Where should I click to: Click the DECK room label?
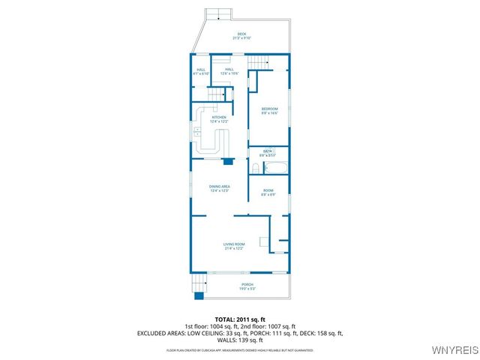[241, 34]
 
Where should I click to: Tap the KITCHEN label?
[219, 117]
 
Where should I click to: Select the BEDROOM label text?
[269, 109]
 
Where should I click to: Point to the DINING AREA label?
[219, 186]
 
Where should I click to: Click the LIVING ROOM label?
[234, 244]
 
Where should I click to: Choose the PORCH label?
[247, 285]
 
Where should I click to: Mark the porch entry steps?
[198, 283]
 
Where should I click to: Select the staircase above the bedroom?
[258, 61]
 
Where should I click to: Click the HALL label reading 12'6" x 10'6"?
[229, 70]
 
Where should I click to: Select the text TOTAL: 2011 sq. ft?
[240, 319]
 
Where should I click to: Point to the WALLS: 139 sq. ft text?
[240, 340]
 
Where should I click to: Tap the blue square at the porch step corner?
[199, 295]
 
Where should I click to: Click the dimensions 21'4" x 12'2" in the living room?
[234, 248]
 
